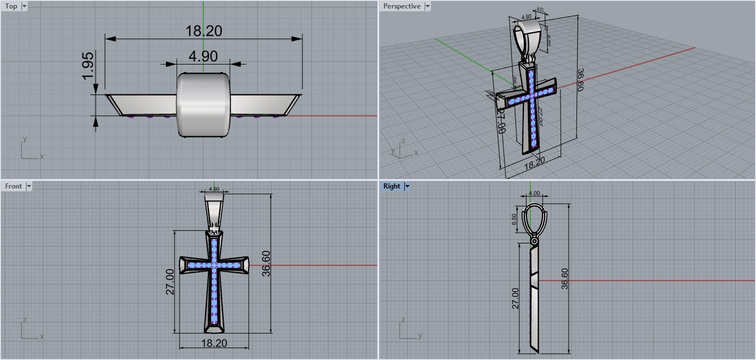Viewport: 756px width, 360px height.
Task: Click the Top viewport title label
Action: click(x=11, y=6)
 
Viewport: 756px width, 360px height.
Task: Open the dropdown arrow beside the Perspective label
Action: click(x=428, y=6)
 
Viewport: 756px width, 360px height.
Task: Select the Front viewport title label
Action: click(x=14, y=186)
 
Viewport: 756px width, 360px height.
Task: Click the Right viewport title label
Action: click(x=391, y=186)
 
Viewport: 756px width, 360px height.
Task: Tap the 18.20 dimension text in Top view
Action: click(x=203, y=31)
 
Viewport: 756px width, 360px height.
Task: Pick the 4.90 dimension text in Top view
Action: click(x=203, y=56)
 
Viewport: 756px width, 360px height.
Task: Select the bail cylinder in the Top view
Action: click(x=203, y=104)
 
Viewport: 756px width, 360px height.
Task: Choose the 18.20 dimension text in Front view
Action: click(x=214, y=343)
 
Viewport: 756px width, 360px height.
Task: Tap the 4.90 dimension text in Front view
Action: click(x=214, y=189)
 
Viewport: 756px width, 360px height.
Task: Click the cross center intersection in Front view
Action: click(x=214, y=265)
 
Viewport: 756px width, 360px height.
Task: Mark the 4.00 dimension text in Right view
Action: click(x=533, y=193)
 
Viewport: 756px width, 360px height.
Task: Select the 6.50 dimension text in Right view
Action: click(x=514, y=220)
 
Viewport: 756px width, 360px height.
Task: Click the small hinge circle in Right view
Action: click(x=534, y=242)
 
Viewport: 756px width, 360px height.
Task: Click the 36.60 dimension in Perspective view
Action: click(x=580, y=80)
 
